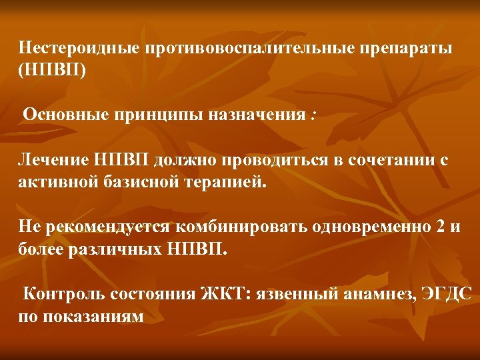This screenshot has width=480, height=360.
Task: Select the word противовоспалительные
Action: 251,49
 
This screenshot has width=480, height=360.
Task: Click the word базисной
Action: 141,183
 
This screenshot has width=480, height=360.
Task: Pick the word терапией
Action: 223,183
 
